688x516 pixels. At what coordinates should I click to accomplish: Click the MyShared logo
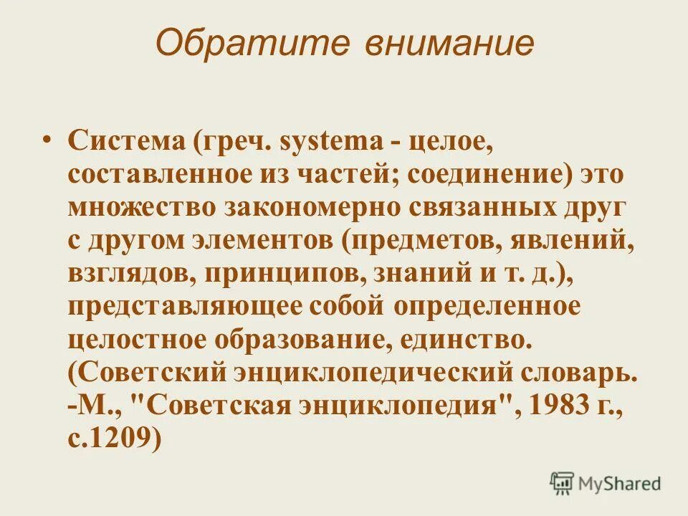tap(606, 482)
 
